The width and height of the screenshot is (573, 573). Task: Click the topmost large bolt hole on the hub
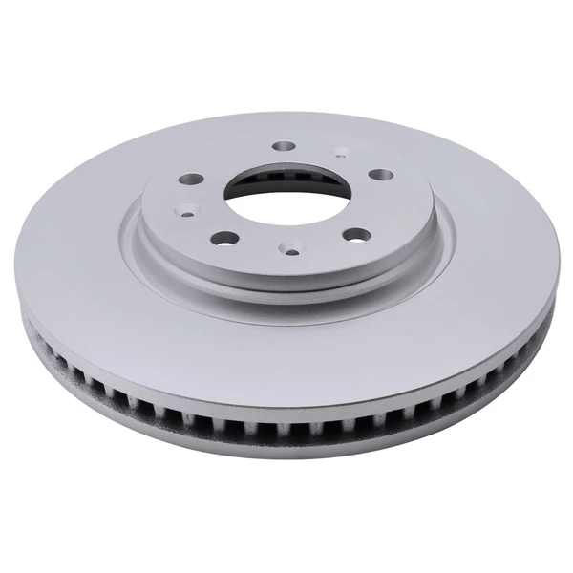point(284,146)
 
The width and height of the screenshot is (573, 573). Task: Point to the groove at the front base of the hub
point(286,287)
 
